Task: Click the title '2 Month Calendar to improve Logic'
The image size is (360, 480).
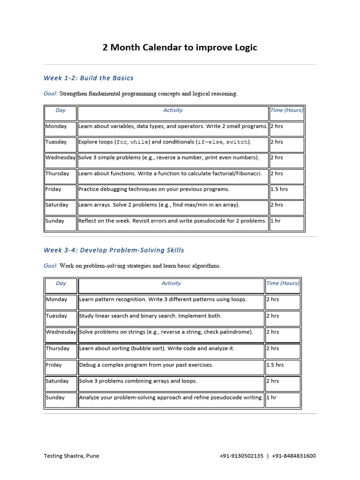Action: pyautogui.click(x=180, y=48)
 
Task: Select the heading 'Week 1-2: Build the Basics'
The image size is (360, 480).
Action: pyautogui.click(x=89, y=78)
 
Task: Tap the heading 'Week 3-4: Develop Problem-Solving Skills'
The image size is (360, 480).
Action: pyautogui.click(x=114, y=250)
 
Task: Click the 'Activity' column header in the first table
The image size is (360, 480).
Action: pyautogui.click(x=172, y=111)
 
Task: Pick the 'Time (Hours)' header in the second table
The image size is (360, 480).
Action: pyautogui.click(x=282, y=283)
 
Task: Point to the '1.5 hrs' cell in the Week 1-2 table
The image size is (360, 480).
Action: pyautogui.click(x=279, y=189)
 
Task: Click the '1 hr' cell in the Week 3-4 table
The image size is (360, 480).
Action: pyautogui.click(x=271, y=397)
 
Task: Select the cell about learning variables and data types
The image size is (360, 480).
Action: pyautogui.click(x=172, y=126)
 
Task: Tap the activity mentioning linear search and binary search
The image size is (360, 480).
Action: pyautogui.click(x=150, y=316)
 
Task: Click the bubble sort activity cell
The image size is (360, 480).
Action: pyautogui.click(x=157, y=348)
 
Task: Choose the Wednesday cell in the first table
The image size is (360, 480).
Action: pyautogui.click(x=60, y=157)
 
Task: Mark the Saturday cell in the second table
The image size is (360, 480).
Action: pyautogui.click(x=57, y=381)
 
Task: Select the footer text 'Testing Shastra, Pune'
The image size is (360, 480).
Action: pyautogui.click(x=71, y=456)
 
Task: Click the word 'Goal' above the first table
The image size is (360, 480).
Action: pyautogui.click(x=50, y=94)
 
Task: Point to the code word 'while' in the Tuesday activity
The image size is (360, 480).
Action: pyautogui.click(x=139, y=142)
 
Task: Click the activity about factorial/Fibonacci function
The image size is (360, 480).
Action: pyautogui.click(x=170, y=173)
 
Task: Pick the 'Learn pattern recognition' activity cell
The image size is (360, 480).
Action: pyautogui.click(x=163, y=300)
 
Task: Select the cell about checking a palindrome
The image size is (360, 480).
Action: pyautogui.click(x=166, y=332)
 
